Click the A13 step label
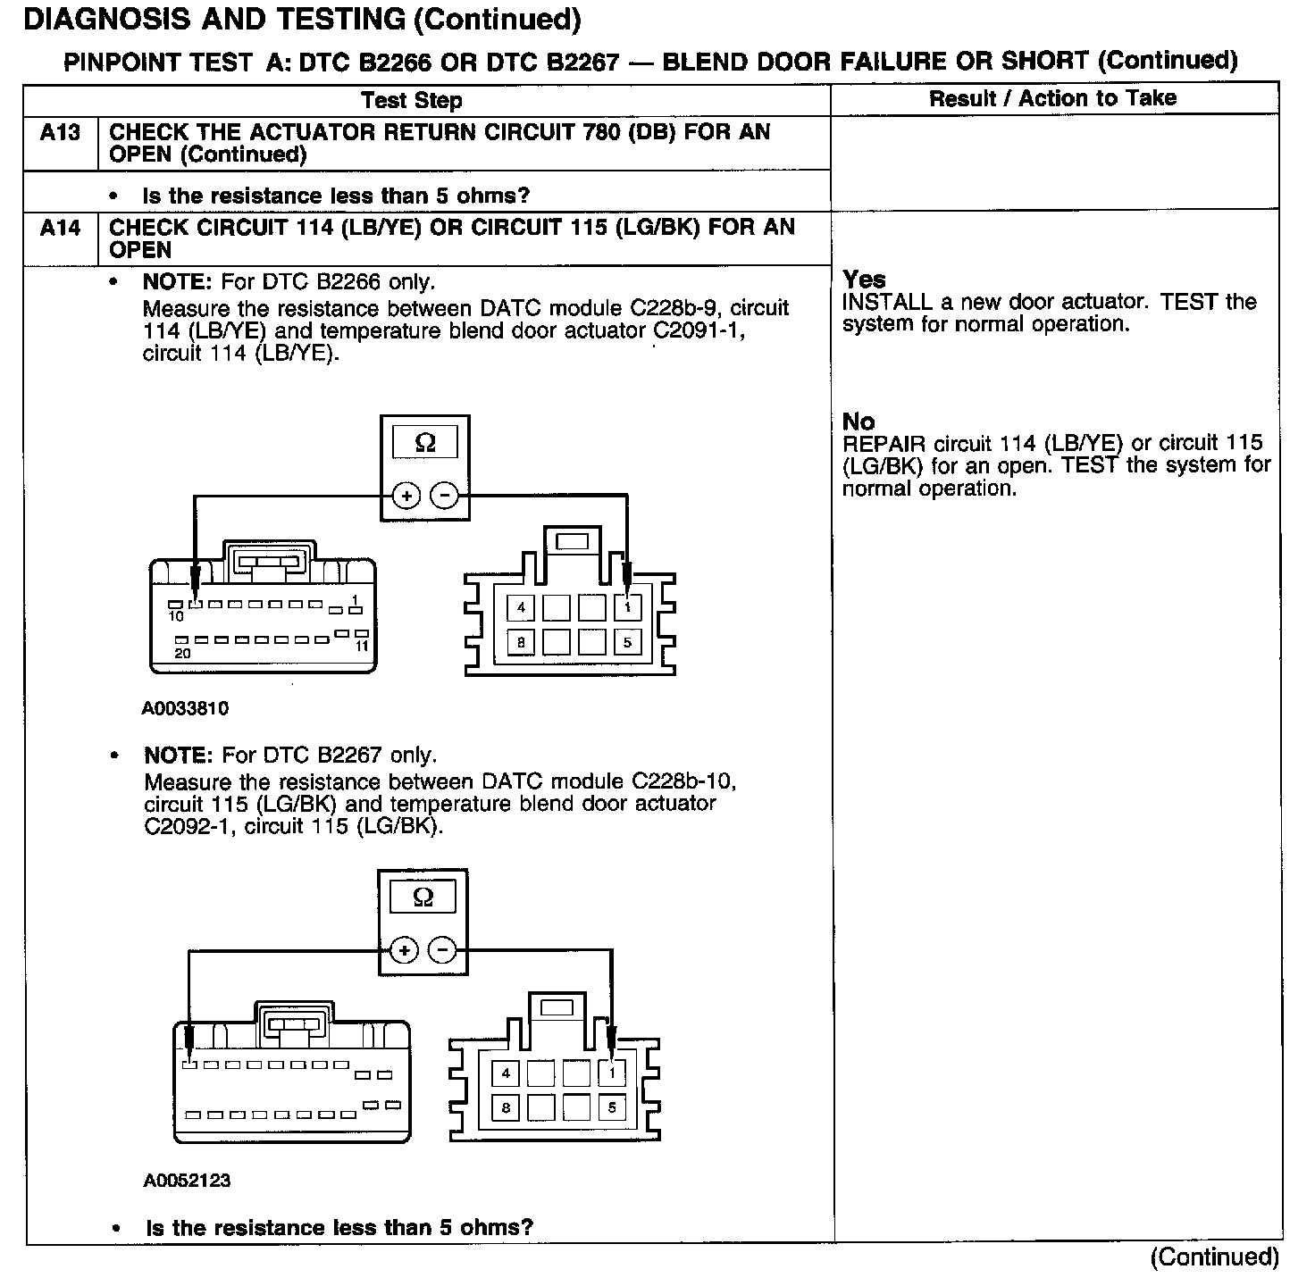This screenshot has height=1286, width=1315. click(x=60, y=133)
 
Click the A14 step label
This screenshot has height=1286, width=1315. click(x=60, y=229)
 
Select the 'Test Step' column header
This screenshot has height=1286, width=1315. click(x=412, y=100)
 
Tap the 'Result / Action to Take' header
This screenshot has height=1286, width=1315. click(x=1052, y=98)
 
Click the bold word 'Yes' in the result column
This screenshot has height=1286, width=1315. click(x=864, y=280)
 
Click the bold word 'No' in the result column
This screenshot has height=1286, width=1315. click(x=859, y=422)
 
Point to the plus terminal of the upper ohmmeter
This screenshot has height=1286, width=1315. click(x=406, y=496)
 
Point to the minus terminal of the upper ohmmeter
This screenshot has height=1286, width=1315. click(x=444, y=496)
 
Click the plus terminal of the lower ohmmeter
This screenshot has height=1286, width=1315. click(x=404, y=950)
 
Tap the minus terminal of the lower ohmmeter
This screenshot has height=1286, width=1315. click(x=442, y=950)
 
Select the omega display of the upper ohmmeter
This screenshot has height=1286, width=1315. click(x=425, y=443)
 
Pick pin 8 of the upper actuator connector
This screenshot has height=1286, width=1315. click(x=521, y=641)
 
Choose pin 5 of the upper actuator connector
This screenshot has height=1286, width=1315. click(x=628, y=641)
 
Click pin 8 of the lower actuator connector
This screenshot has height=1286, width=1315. click(x=506, y=1107)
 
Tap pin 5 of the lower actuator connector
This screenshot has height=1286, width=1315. click(x=612, y=1107)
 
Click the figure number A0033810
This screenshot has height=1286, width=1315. click(x=185, y=709)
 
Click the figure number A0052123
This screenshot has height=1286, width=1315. click(x=187, y=1181)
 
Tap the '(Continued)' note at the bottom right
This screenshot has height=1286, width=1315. click(x=1214, y=1257)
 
